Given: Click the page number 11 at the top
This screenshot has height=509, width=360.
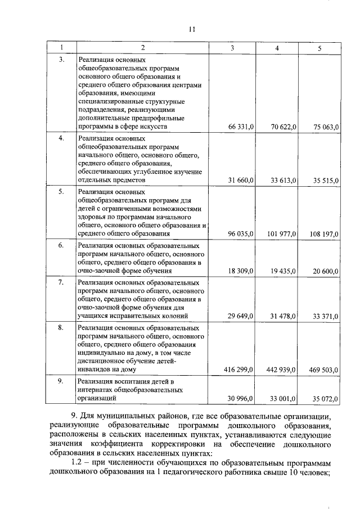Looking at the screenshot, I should click(192, 30).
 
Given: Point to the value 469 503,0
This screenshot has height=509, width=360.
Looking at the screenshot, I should click(324, 370).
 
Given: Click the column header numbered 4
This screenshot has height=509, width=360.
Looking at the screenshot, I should click(277, 48).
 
